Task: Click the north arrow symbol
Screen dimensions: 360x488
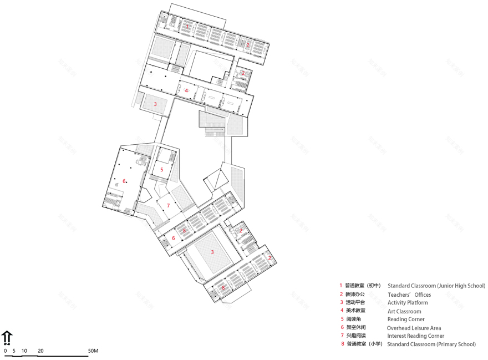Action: (7, 337)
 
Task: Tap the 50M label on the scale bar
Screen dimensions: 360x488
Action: (93, 351)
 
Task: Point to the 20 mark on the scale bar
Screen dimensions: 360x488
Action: (41, 351)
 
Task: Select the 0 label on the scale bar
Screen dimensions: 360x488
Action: (6, 351)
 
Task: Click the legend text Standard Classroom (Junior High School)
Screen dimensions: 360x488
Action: (436, 286)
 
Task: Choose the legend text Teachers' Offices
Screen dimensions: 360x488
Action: (409, 295)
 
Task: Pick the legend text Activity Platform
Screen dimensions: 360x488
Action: (408, 303)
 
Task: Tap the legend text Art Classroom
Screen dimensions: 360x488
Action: (404, 311)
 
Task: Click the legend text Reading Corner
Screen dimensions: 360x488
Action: (406, 320)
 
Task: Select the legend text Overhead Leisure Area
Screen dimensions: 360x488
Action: (414, 328)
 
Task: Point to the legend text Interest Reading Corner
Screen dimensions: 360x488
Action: (416, 336)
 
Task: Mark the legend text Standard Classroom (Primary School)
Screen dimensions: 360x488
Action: (431, 344)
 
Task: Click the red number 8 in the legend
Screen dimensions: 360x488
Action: (342, 344)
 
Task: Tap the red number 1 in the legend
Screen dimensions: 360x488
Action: (342, 286)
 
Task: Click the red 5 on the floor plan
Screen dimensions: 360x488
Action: (161, 170)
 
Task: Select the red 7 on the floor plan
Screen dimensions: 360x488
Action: (168, 205)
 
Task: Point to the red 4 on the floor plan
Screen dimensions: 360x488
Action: (187, 90)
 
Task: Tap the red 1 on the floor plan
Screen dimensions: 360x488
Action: (187, 26)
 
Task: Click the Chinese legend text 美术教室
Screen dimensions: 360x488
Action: (356, 311)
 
